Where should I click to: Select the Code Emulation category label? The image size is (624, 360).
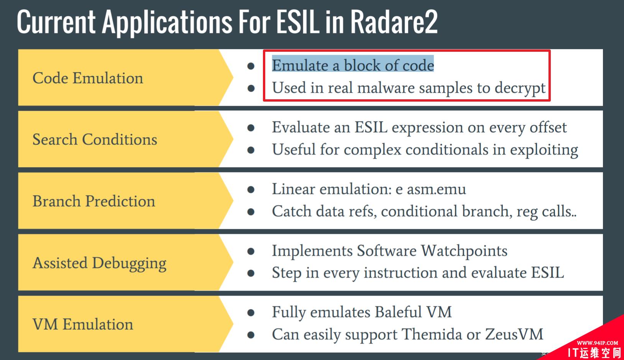88,78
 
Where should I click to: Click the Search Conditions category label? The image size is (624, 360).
95,140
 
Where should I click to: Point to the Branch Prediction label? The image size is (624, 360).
94,201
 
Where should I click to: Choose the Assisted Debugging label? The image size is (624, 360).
100,263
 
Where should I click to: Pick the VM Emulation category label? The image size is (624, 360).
83,324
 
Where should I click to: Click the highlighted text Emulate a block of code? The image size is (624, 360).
353,66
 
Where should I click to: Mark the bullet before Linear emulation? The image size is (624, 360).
251,190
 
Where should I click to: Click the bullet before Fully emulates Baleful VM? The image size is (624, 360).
251,313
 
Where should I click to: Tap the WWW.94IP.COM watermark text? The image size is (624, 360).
597,343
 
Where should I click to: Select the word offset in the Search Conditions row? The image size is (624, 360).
548,128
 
